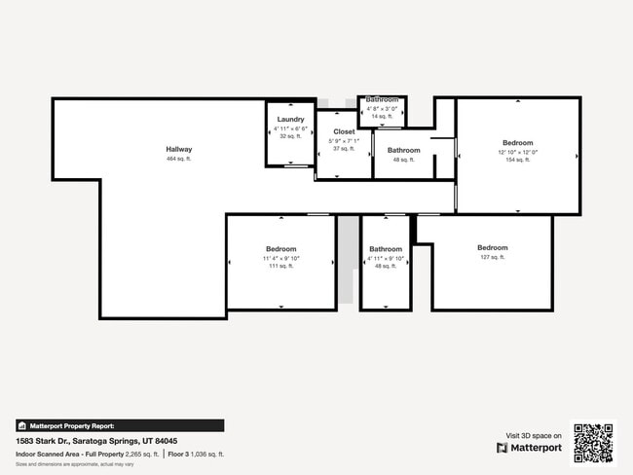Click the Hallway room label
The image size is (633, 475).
(x=178, y=149)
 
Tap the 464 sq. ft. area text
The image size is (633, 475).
(x=178, y=159)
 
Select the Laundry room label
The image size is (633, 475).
(x=290, y=119)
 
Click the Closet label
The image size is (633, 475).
(x=344, y=131)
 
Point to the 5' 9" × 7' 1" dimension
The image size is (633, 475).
(x=344, y=141)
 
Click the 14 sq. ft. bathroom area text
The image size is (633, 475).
(x=382, y=116)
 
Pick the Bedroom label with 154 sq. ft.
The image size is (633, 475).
(x=517, y=142)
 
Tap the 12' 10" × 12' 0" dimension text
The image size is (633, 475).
(x=517, y=152)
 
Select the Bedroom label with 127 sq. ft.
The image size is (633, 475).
(x=492, y=247)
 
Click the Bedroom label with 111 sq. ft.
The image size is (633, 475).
(x=281, y=248)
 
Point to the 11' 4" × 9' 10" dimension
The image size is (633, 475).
(x=281, y=258)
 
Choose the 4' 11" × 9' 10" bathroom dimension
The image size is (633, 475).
(x=385, y=258)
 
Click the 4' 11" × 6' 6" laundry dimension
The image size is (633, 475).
(x=290, y=128)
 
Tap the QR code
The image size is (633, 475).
(x=593, y=443)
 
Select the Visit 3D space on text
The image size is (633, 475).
(x=533, y=435)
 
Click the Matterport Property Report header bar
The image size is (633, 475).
(x=119, y=425)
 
